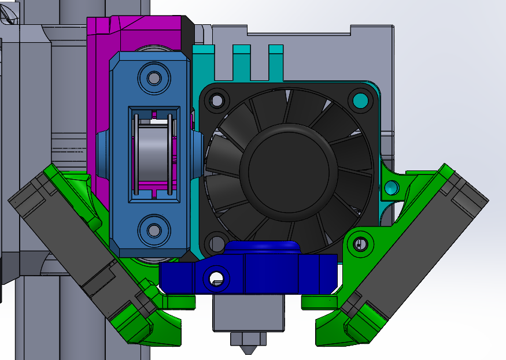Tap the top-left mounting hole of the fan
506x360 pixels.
click(x=217, y=102)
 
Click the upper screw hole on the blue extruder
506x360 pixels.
click(x=154, y=77)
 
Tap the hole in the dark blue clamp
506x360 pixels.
click(x=216, y=278)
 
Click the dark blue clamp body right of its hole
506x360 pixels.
click(x=272, y=276)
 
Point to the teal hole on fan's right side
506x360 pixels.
click(x=391, y=187)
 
